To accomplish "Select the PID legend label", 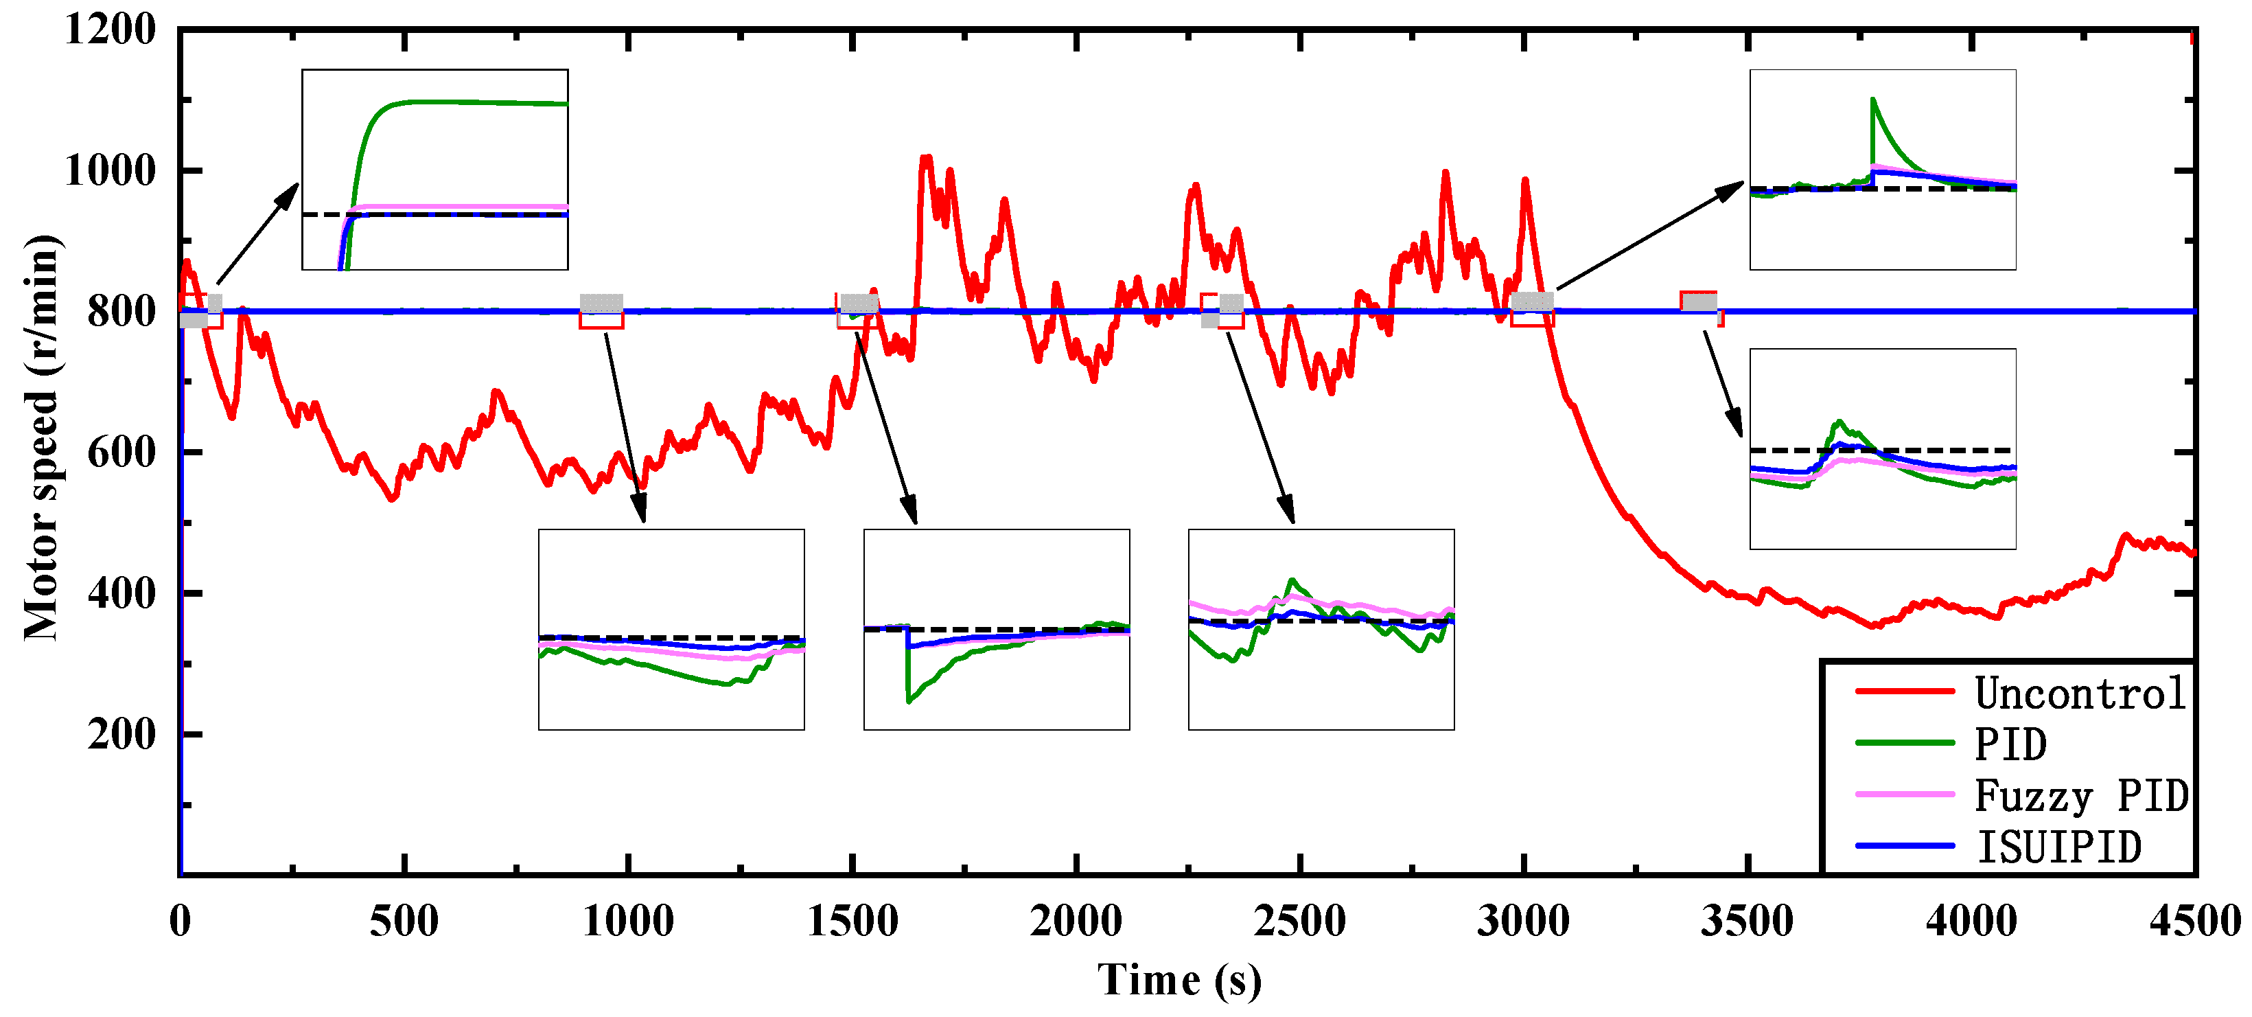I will tap(2010, 745).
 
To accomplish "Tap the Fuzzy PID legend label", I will tap(2080, 796).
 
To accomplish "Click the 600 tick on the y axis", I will tap(121, 453).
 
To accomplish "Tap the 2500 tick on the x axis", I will tap(1299, 921).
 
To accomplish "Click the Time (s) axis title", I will tap(1179, 979).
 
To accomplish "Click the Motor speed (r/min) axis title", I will tap(41, 437).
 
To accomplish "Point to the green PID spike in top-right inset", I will tap(1872, 100).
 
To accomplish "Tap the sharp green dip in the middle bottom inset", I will tap(909, 700).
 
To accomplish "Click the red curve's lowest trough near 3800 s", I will tap(1873, 626).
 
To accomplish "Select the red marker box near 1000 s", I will tap(601, 312).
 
